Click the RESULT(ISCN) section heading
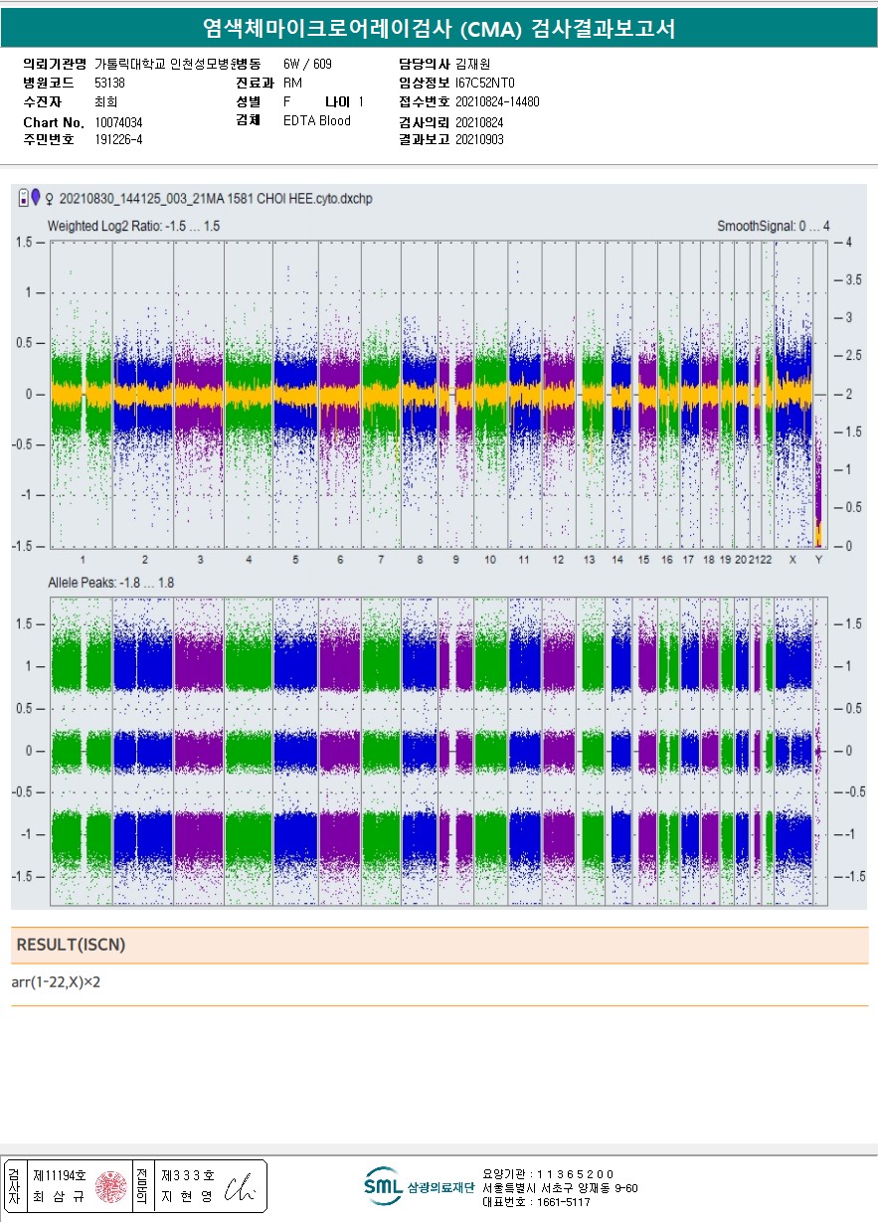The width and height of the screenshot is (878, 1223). pyautogui.click(x=71, y=946)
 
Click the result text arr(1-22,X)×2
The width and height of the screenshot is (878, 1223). pyautogui.click(x=56, y=982)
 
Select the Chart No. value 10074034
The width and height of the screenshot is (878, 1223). pyautogui.click(x=118, y=122)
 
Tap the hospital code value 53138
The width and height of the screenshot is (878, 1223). pyautogui.click(x=109, y=83)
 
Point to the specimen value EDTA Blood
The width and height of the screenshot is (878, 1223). pyautogui.click(x=316, y=121)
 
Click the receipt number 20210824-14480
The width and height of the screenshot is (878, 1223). pyautogui.click(x=497, y=101)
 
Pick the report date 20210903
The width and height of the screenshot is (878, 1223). pyautogui.click(x=479, y=140)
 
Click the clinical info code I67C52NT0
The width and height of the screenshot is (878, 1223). pyautogui.click(x=485, y=83)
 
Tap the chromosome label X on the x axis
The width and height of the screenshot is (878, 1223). pyautogui.click(x=792, y=560)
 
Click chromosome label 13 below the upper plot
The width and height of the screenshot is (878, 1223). pyautogui.click(x=589, y=560)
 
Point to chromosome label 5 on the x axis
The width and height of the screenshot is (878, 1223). pyautogui.click(x=295, y=560)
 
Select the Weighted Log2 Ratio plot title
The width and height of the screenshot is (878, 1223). pyautogui.click(x=133, y=227)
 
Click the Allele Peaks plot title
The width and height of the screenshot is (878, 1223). pyautogui.click(x=110, y=583)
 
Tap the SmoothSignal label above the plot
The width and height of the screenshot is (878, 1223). pyautogui.click(x=773, y=227)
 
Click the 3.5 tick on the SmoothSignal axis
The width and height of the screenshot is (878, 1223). pyautogui.click(x=853, y=280)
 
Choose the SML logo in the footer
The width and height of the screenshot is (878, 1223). pyautogui.click(x=383, y=1186)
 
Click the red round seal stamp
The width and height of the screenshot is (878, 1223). pyautogui.click(x=110, y=1186)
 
